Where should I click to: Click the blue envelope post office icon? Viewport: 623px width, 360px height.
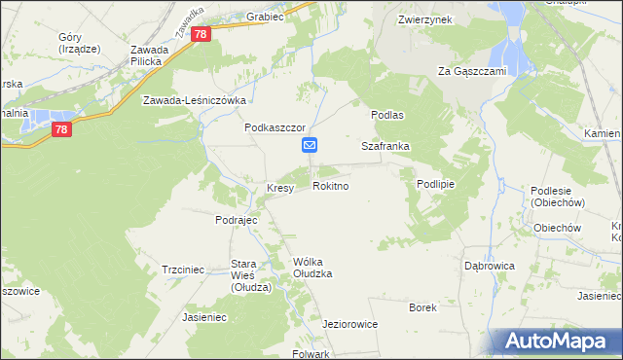click(x=310, y=146)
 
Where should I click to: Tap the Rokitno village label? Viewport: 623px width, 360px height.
click(x=331, y=185)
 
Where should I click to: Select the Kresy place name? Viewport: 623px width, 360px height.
click(x=280, y=189)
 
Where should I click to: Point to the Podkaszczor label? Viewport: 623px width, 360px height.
click(x=275, y=127)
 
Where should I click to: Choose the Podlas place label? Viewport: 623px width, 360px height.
click(x=386, y=114)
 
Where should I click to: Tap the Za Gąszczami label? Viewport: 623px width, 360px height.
click(x=475, y=71)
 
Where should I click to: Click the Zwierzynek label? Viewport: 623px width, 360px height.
click(x=424, y=19)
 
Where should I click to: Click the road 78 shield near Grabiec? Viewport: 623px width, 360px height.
click(x=201, y=34)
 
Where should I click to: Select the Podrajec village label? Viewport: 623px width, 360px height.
click(x=236, y=220)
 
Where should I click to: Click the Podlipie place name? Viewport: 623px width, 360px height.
click(x=436, y=184)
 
